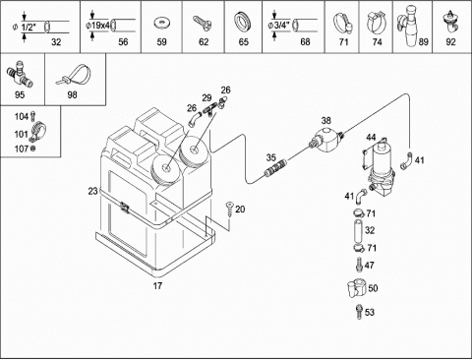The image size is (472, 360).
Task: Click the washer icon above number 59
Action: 161,24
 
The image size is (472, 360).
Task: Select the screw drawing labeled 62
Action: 203,24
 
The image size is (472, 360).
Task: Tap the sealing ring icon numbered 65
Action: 243,22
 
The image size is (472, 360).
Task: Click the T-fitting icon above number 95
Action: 20,76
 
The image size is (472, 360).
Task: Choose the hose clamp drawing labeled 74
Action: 377,22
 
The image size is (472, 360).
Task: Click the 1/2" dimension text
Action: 29,28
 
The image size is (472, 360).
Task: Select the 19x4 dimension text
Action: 99,26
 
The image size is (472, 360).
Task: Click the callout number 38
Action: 325,120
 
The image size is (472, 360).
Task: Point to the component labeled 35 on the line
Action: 275,167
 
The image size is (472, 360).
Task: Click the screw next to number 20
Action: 229,209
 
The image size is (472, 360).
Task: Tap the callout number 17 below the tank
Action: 157,285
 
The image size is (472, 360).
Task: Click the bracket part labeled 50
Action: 356,288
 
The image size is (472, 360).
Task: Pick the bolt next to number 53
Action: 359,312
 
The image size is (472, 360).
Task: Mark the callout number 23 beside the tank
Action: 93,191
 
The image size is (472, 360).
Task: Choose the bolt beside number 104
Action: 32,116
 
